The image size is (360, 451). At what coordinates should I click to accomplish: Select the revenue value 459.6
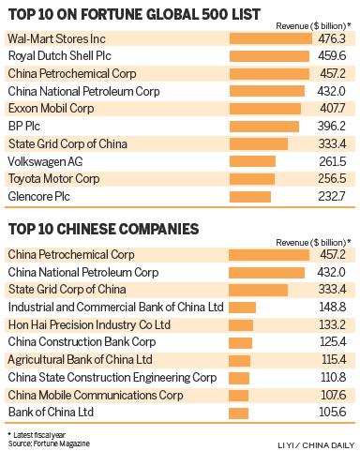click(x=334, y=56)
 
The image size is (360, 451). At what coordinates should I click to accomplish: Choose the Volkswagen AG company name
click(x=46, y=161)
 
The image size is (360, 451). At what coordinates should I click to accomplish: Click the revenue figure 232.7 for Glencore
click(x=334, y=197)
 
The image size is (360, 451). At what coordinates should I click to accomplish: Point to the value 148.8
click(x=334, y=307)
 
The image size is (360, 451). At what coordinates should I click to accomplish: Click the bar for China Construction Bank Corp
click(x=240, y=342)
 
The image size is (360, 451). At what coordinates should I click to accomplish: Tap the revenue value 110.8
click(x=334, y=377)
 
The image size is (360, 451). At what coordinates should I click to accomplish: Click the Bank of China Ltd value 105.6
click(x=334, y=413)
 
